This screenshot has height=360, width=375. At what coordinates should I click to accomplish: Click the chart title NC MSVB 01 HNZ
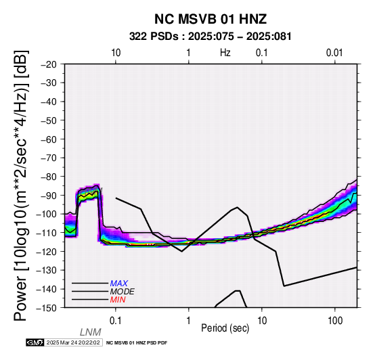211,19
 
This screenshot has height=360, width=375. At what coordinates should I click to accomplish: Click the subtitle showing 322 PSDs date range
211,37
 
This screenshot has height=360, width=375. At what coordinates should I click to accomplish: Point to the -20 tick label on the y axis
49,64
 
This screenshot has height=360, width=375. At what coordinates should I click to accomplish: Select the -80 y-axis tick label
49,177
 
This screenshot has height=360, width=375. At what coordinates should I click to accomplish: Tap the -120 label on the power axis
47,251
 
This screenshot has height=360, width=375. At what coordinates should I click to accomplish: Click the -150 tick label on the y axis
47,308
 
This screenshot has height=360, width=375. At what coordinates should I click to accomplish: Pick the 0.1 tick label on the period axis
115,321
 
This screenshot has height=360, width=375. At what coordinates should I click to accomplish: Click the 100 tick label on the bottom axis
335,321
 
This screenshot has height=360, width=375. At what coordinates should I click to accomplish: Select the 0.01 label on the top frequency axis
334,53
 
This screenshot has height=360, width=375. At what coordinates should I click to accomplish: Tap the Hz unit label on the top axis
225,53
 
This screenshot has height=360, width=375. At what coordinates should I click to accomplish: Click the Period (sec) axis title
225,328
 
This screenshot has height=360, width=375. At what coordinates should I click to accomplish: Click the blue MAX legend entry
119,284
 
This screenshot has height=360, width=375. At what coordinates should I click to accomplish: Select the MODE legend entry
123,292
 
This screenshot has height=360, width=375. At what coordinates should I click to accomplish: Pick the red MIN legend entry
118,300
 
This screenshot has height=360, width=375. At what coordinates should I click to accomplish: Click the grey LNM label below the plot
91,332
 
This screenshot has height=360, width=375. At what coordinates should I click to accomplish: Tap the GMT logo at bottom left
35,342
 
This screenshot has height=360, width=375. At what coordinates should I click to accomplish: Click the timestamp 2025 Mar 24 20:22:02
73,342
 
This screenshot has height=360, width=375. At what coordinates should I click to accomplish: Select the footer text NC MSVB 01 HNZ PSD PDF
137,343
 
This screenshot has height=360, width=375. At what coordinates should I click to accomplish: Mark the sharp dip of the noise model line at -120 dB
182,251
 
